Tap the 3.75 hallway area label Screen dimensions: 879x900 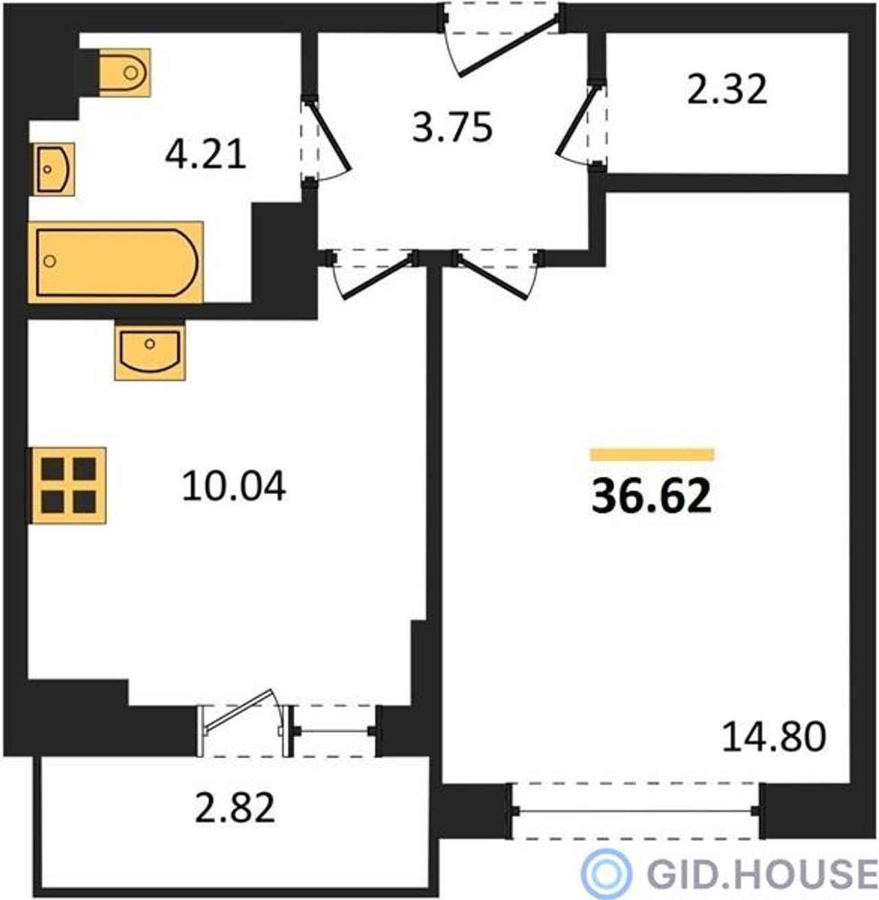pyautogui.click(x=452, y=128)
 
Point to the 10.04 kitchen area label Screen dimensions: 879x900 pyautogui.click(x=233, y=486)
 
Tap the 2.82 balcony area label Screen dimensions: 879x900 pyautogui.click(x=235, y=807)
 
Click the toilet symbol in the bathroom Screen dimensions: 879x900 pyautogui.click(x=124, y=73)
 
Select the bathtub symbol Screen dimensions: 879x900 pyautogui.click(x=115, y=262)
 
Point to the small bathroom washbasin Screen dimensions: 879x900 pyautogui.click(x=54, y=169)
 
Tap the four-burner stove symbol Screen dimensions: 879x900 pyautogui.click(x=69, y=486)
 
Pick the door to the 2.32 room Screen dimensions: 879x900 pyautogui.click(x=575, y=121)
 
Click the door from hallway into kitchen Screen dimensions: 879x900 pyautogui.click(x=377, y=277)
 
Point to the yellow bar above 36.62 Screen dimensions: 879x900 pyautogui.click(x=652, y=455)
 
